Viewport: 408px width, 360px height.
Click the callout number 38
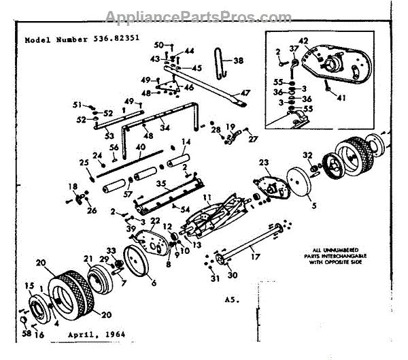pyautogui.click(x=238, y=61)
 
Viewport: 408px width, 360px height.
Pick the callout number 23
pyautogui.click(x=264, y=162)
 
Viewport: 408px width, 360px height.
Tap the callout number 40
pyautogui.click(x=140, y=146)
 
